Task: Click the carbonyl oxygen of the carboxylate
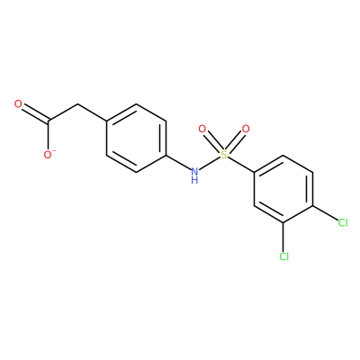18,104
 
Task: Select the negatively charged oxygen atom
48,155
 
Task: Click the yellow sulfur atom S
223,155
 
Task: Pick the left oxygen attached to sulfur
202,130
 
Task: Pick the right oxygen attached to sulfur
246,130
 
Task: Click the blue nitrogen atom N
194,172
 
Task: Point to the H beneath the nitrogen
194,180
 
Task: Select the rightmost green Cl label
343,222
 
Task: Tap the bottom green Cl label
283,256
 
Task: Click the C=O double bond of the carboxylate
35,114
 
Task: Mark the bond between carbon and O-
48,135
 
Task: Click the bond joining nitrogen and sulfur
209,164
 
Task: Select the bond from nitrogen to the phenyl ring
178,162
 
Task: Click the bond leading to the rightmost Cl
325,212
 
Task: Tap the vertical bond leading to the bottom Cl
283,237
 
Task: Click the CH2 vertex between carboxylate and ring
77,104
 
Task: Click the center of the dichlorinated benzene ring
283,189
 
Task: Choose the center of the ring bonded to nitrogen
137,138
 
